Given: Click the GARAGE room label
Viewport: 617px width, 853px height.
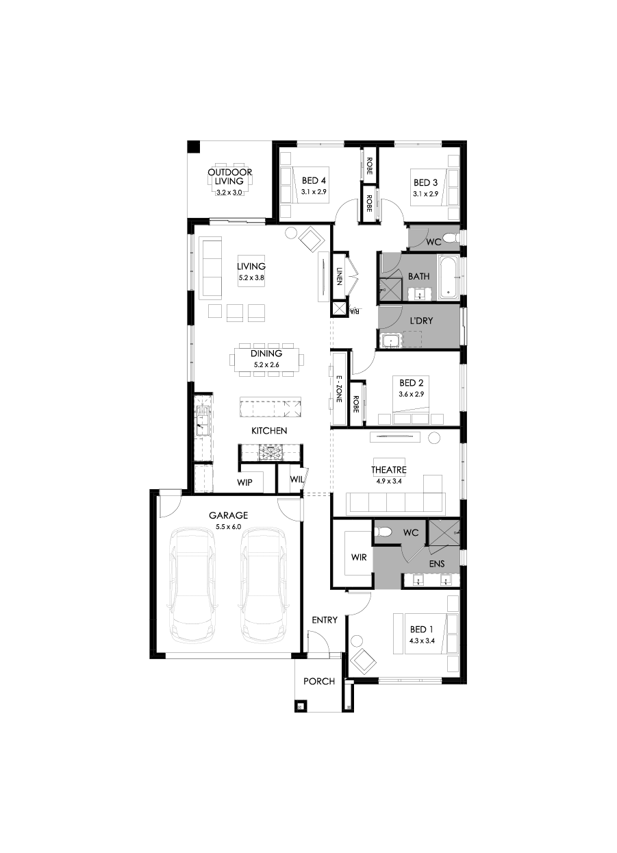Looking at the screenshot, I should [x=228, y=515].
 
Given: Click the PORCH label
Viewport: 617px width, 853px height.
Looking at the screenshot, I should [x=319, y=682].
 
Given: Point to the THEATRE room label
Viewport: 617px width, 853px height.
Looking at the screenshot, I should [x=389, y=470].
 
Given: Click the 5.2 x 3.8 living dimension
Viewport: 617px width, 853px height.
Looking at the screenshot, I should [x=251, y=278].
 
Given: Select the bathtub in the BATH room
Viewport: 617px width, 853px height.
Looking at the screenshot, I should [x=448, y=277].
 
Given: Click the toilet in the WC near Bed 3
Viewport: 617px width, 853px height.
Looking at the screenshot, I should [x=450, y=238].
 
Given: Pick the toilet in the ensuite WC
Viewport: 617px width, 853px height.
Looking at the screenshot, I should [x=383, y=531].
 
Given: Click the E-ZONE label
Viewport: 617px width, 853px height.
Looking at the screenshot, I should [x=339, y=388].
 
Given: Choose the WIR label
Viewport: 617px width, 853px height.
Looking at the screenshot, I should [x=358, y=557].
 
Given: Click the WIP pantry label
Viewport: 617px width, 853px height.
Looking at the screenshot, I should [x=244, y=482].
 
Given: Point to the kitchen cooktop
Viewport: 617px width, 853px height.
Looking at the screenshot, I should [x=269, y=452].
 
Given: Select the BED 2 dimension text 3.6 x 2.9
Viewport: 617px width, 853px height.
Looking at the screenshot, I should [x=412, y=395].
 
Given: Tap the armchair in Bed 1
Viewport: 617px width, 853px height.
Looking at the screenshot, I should [x=363, y=662].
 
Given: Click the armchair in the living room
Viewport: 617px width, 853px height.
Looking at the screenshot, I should [x=312, y=238].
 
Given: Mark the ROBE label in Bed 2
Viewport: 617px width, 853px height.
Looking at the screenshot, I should [x=356, y=404].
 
